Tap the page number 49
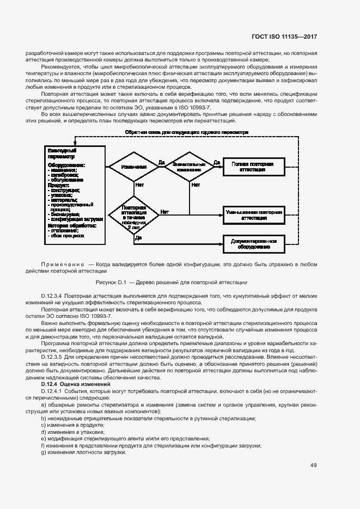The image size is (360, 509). (314, 465)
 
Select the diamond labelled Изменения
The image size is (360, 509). (133, 167)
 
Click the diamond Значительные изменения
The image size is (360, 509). (189, 167)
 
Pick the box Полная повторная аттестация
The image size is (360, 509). (253, 167)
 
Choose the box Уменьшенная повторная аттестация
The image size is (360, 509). (254, 214)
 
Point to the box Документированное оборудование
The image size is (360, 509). (254, 243)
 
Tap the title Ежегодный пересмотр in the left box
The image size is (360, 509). (62, 153)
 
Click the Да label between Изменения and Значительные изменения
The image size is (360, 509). (161, 162)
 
